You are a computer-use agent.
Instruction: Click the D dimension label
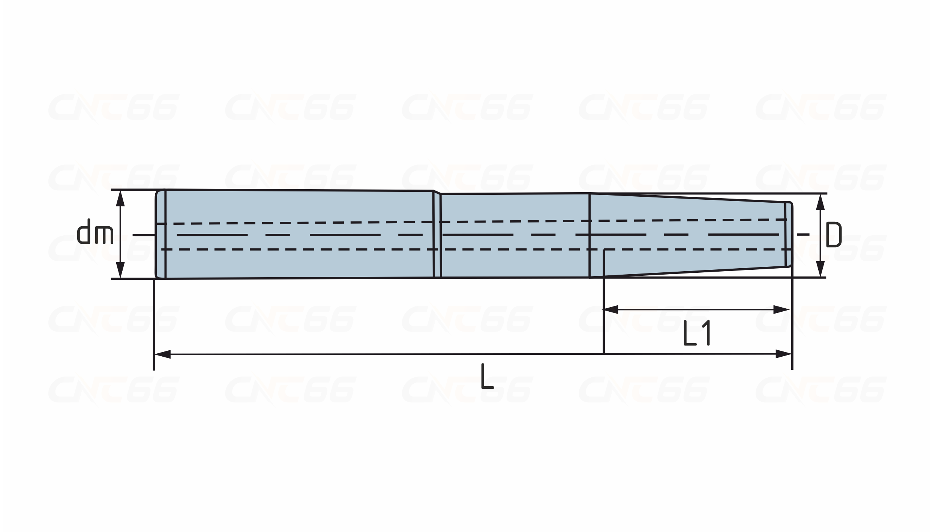tap(834, 235)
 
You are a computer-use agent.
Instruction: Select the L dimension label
tap(487, 376)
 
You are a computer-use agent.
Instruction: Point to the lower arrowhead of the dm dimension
tap(120, 270)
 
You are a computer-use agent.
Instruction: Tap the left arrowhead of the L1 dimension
tap(611, 309)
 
